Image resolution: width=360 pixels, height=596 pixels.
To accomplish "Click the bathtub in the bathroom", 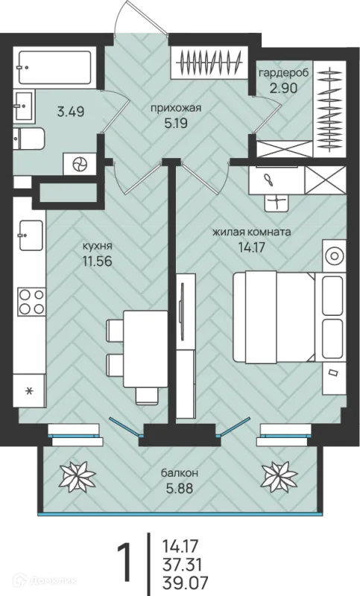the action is [54, 67].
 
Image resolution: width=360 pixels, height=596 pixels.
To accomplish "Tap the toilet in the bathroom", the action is [28, 139].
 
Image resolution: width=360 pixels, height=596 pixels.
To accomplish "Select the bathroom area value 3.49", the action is [70, 112].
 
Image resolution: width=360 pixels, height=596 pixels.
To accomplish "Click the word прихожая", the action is [175, 109].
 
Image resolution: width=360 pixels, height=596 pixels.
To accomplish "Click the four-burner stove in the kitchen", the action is [31, 302].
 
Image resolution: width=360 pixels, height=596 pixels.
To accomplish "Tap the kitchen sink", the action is [31, 235].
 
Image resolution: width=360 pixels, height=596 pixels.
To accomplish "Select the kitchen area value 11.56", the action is [97, 261].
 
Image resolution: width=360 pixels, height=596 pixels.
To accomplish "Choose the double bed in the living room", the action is [273, 317].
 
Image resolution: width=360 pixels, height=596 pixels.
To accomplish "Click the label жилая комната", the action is [251, 232].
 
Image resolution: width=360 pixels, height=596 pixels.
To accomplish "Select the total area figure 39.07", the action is [181, 582].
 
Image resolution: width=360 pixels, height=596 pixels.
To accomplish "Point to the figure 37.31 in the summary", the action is [181, 564].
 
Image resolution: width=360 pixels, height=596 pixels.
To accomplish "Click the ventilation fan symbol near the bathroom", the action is [80, 164].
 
